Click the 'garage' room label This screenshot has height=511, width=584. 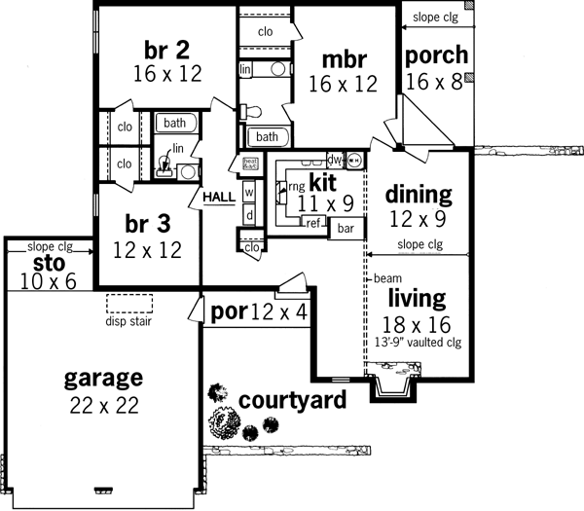point(103,378)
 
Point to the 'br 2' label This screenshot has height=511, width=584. point(164,50)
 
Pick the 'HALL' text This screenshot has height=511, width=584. point(219,197)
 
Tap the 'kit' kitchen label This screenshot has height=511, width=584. point(322,182)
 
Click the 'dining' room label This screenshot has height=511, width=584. point(420,193)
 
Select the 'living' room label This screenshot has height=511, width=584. point(418,298)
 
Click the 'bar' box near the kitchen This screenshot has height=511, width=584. point(345,229)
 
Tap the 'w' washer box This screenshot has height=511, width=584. point(248,192)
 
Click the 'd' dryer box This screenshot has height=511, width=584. point(248,214)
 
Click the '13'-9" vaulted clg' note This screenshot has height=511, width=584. point(417,342)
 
